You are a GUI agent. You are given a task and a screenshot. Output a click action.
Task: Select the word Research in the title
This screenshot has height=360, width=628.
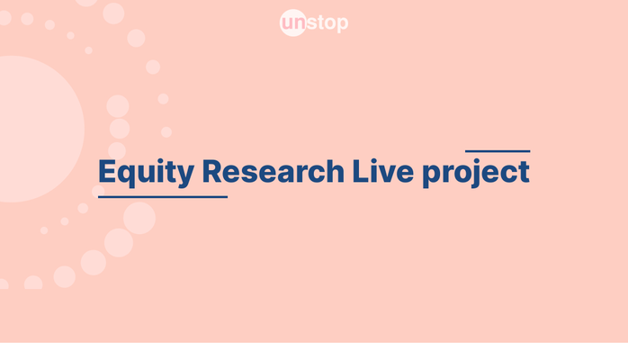pos(273,171)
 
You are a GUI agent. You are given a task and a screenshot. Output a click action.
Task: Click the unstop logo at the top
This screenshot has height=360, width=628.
pos(314,22)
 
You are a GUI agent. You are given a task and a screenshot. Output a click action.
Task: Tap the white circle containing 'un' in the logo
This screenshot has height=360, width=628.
pos(293,22)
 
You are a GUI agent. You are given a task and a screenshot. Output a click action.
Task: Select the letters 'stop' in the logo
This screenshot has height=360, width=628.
pos(327,23)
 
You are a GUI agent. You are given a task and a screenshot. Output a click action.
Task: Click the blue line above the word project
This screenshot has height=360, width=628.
pos(498,151)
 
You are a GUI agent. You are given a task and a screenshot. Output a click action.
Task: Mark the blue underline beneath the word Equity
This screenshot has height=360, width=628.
pos(162,196)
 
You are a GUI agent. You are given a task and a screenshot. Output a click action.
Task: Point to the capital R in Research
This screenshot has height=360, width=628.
pos(211,171)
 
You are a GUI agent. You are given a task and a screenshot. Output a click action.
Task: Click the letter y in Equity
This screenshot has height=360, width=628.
pos(185,175)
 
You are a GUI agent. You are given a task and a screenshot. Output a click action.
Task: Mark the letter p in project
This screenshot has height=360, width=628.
pos(433,175)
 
